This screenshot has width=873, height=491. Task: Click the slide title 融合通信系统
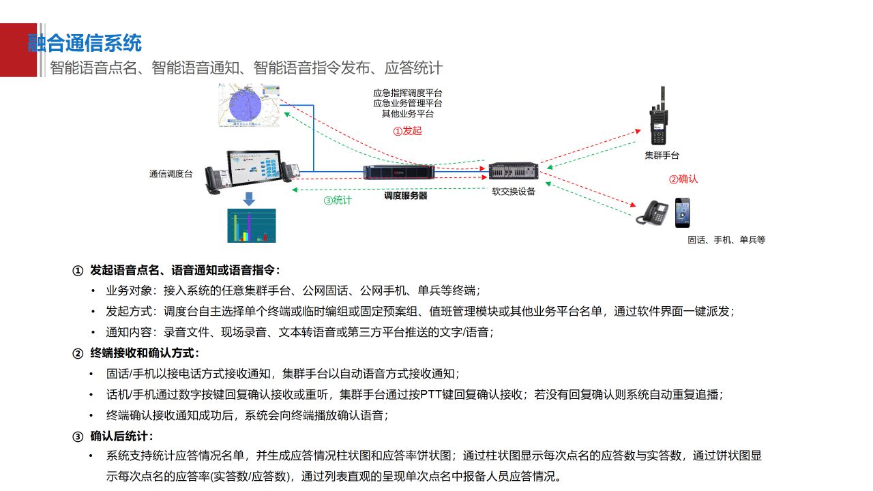pos(85,43)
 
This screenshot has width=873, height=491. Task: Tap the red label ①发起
pos(407,130)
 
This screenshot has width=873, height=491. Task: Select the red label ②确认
pos(683,179)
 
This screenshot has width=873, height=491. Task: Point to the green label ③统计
pos(338,200)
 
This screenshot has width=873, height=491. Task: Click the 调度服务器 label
pos(405,195)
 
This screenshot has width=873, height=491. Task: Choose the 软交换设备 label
pos(514,192)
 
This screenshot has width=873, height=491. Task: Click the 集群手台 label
pos(662,155)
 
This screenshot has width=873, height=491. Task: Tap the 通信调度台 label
pos(171,174)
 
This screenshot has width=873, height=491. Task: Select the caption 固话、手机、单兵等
pos(726,240)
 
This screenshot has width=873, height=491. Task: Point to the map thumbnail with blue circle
pos(250,106)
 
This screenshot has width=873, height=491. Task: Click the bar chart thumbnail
pos(251,226)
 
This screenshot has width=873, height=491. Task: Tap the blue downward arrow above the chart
pos(249,198)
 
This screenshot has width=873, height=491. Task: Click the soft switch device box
pos(514,171)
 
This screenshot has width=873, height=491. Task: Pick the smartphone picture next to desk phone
pos(682,213)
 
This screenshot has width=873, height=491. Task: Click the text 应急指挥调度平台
pos(407,93)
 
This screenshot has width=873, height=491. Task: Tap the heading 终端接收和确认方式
pos(145,353)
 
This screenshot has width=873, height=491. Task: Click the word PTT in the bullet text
pos(430,394)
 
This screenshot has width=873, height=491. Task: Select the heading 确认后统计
pos(122,436)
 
